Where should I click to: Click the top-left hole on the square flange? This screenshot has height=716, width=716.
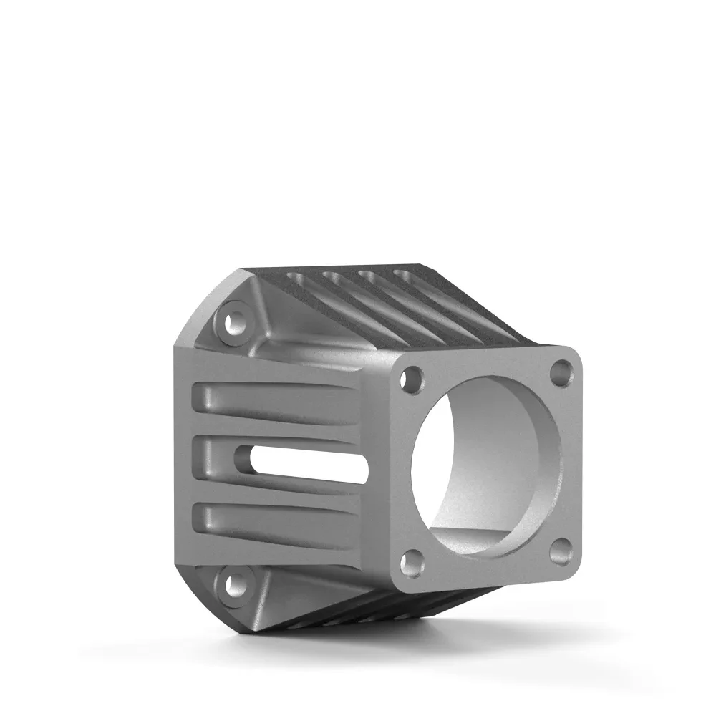tap(412, 380)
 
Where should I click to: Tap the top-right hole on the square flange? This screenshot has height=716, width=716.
tap(561, 373)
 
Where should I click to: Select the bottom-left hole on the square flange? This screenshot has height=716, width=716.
tap(412, 563)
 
